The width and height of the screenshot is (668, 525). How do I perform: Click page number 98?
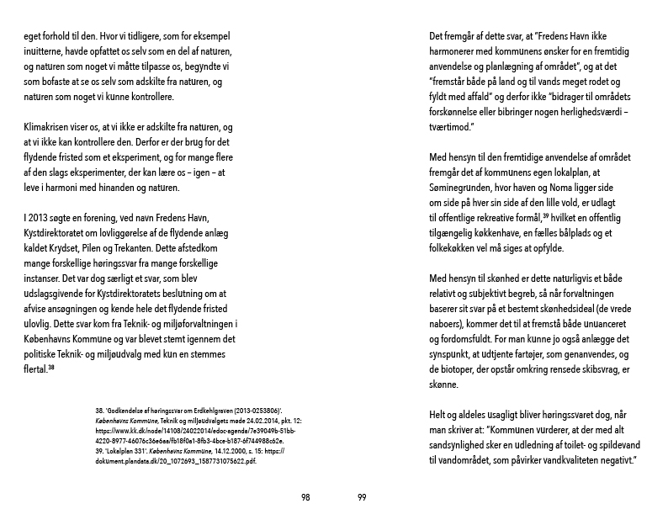click(x=305, y=498)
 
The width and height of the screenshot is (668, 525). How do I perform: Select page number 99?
click(x=362, y=498)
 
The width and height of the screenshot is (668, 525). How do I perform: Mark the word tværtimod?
click(x=453, y=127)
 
